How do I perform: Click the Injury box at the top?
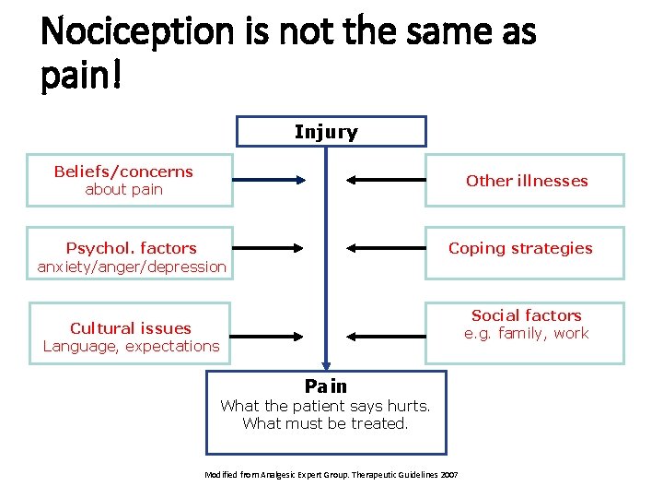click(330, 132)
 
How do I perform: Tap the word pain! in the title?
click(81, 77)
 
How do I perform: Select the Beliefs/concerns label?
click(123, 172)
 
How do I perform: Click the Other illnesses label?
click(526, 181)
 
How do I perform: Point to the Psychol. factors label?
click(131, 248)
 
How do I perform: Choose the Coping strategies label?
click(520, 248)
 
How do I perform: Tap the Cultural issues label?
click(130, 327)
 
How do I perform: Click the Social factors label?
click(526, 315)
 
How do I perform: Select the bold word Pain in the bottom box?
click(325, 385)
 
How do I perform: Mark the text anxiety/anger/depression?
click(131, 267)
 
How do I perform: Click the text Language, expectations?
click(131, 346)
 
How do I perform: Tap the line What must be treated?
click(325, 423)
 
